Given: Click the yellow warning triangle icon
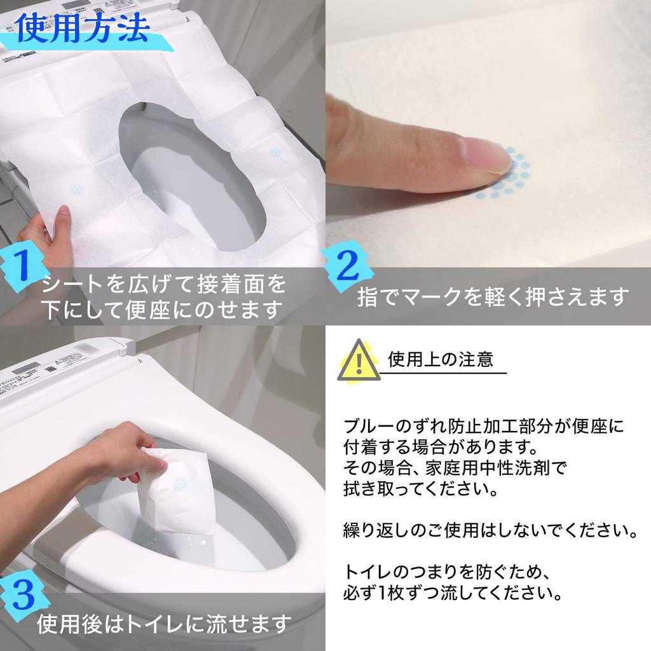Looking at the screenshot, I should click(x=358, y=360).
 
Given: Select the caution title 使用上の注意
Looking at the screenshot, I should click(x=440, y=360).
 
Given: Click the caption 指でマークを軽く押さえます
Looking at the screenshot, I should click(x=493, y=297).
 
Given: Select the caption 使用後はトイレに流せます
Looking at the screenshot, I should click(x=164, y=624).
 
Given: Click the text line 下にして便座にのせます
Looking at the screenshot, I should click(x=162, y=310).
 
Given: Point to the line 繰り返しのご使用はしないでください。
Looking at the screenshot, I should click(x=490, y=530).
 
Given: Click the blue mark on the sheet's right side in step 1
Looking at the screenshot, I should click(x=276, y=153).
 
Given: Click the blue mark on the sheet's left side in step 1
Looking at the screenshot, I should click(x=76, y=189).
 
